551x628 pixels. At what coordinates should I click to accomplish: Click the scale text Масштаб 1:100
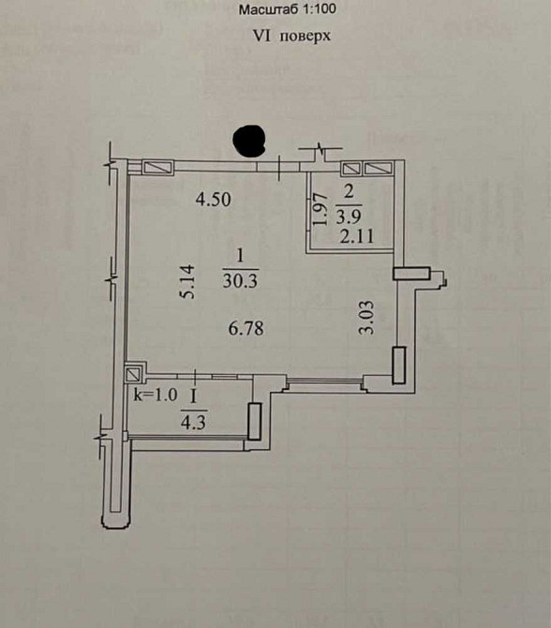(287, 9)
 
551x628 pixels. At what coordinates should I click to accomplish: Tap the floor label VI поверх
(292, 36)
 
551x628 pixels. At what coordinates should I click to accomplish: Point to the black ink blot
(250, 141)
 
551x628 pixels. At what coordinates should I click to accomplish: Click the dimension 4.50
(213, 199)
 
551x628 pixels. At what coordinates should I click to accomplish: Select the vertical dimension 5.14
(187, 281)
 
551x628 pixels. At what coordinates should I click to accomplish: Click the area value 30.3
(240, 281)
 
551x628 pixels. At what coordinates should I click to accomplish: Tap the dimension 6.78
(246, 328)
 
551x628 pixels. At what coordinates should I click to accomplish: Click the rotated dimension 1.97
(320, 209)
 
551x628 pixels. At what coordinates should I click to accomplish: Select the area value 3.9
(349, 217)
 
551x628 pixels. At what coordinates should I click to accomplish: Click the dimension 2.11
(357, 236)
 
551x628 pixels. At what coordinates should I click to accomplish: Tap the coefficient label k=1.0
(156, 396)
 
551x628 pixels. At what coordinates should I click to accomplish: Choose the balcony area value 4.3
(194, 422)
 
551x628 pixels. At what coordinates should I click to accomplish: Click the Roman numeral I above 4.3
(194, 397)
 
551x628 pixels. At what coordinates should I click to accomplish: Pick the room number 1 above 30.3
(240, 255)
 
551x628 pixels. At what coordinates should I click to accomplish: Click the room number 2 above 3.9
(349, 192)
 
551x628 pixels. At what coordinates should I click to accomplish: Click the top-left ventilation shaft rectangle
(158, 168)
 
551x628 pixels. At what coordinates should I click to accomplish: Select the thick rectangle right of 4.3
(255, 421)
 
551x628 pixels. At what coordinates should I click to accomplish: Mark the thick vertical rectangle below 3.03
(399, 366)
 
